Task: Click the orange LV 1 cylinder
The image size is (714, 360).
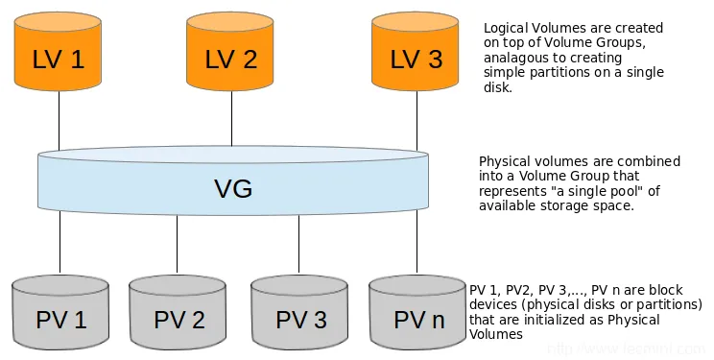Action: (59, 53)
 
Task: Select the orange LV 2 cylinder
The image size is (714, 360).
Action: (230, 53)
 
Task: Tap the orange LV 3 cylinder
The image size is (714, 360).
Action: (416, 53)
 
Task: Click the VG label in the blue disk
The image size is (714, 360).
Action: (233, 188)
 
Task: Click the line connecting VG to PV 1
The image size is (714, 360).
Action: (59, 245)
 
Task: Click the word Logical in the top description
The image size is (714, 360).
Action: (507, 29)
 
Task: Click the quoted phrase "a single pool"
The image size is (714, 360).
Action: (588, 191)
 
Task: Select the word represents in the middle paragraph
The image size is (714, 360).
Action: (511, 191)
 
